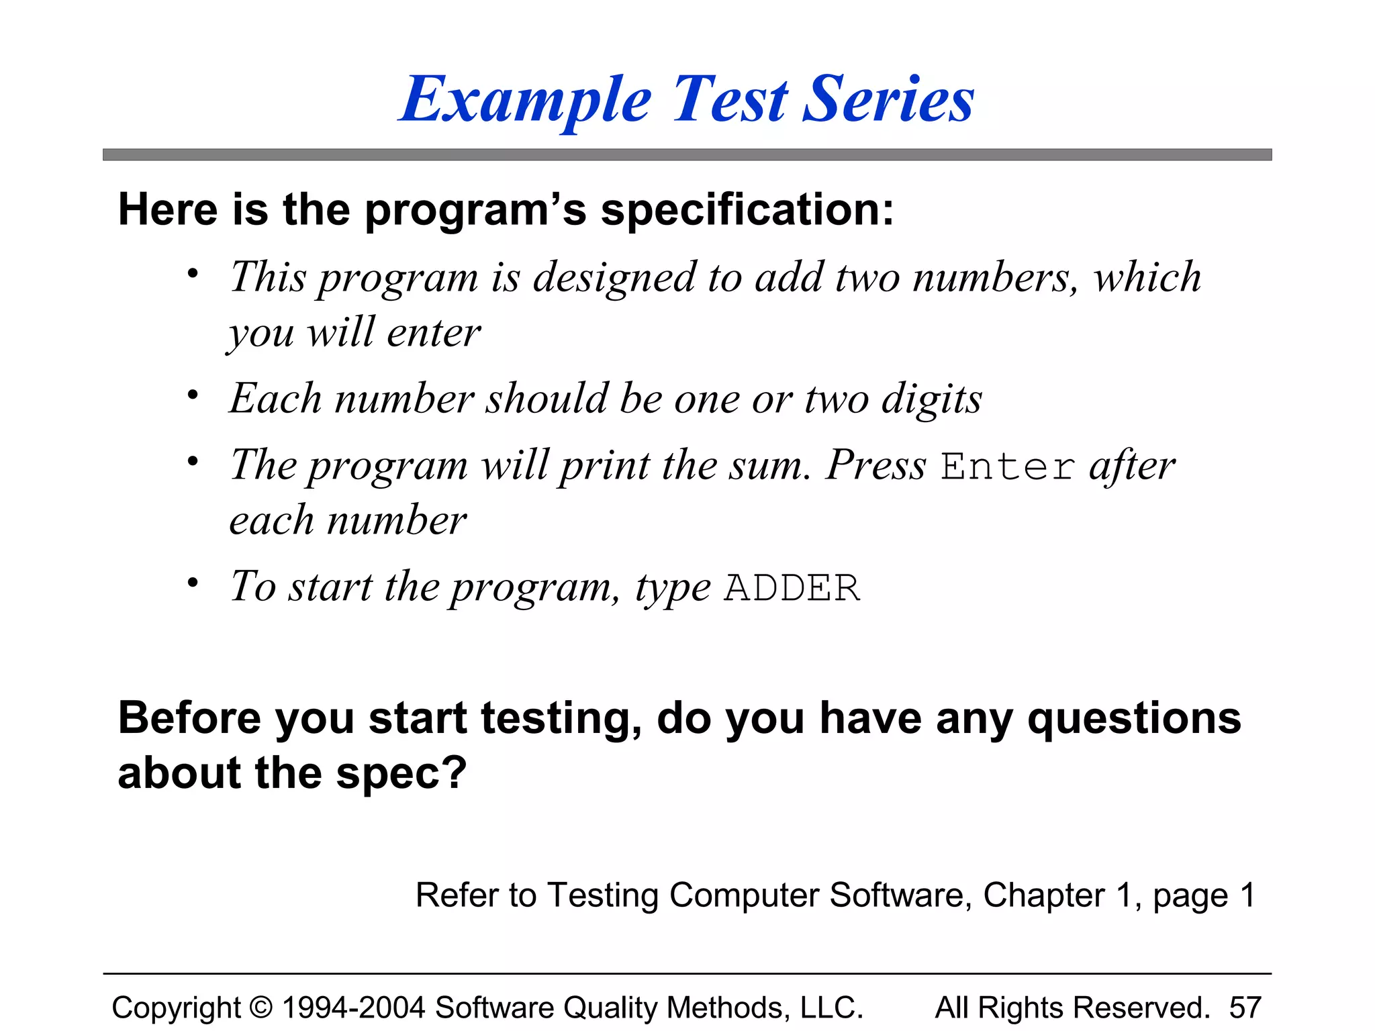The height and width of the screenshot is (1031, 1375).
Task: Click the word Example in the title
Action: (x=526, y=101)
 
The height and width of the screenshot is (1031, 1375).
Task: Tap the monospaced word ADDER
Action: (x=792, y=588)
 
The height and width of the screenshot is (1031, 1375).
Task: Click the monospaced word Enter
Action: (x=1007, y=466)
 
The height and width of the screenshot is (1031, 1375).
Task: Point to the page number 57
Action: (x=1245, y=1008)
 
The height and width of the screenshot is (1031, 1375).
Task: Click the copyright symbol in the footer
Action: (x=261, y=1008)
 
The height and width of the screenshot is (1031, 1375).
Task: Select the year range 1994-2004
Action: (x=354, y=1008)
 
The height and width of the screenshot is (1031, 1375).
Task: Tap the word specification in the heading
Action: (x=747, y=210)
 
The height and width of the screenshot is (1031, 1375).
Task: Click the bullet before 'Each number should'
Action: (x=193, y=395)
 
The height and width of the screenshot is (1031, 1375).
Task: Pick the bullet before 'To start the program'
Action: (x=193, y=583)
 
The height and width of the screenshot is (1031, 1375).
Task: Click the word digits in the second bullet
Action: (x=931, y=399)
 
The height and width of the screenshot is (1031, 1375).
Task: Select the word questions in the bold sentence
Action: (x=1134, y=720)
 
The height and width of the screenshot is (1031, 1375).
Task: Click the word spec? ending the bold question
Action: (x=401, y=773)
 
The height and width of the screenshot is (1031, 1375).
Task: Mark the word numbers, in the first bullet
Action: (x=995, y=277)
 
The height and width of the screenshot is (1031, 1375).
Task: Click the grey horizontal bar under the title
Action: (x=687, y=155)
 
